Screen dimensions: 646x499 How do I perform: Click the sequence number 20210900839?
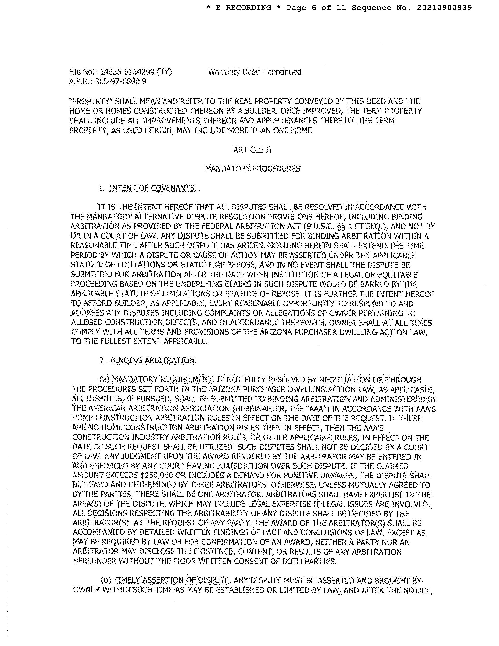(444, 8)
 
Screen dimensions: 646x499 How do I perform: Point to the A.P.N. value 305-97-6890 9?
(120, 81)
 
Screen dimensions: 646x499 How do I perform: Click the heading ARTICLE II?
(252, 150)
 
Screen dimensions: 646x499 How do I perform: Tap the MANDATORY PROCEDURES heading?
(252, 169)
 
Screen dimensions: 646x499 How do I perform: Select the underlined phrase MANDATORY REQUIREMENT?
(162, 380)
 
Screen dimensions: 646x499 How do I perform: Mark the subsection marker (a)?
(105, 380)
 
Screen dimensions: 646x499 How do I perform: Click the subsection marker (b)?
(106, 581)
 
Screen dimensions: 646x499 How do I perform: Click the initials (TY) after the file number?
(164, 72)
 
